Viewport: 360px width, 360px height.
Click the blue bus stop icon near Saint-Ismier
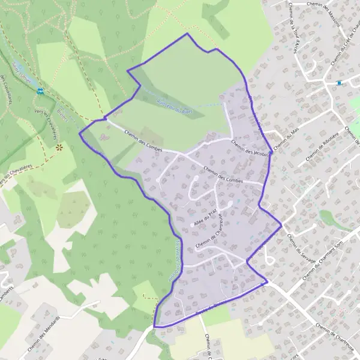pos(40,91)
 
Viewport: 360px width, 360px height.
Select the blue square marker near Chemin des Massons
pos(339,83)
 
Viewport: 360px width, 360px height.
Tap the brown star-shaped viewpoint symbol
pos(59,146)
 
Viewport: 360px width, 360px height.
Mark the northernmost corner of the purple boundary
pos(187,34)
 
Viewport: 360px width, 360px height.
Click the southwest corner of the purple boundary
pos(154,326)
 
